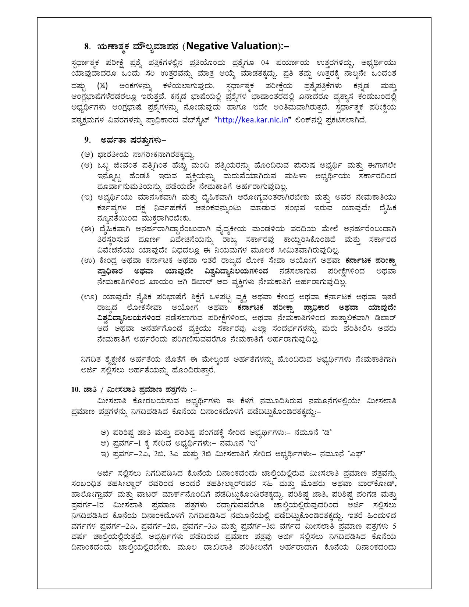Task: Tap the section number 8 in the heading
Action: [x=87, y=47]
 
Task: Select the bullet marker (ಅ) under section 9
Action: [x=87, y=154]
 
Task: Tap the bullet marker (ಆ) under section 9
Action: [x=87, y=165]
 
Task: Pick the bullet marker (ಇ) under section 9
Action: [x=87, y=197]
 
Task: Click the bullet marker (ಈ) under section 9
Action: [x=88, y=229]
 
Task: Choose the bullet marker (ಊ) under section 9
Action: [x=89, y=296]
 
